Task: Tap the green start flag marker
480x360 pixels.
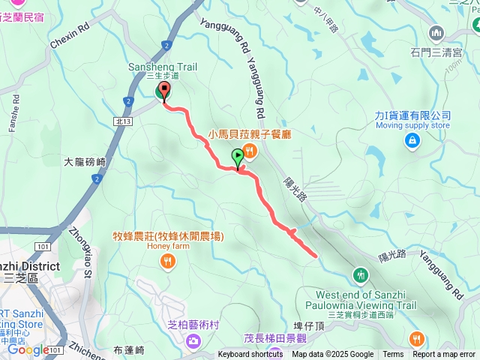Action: point(238,157)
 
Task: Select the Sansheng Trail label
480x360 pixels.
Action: point(163,67)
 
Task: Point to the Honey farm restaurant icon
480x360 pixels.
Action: point(167,262)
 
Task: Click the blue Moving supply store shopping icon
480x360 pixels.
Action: point(412,140)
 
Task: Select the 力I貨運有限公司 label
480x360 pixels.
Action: point(412,115)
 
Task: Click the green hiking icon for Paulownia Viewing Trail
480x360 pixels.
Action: point(362,274)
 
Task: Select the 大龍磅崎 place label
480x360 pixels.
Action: point(85,161)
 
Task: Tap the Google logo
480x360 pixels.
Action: point(28,349)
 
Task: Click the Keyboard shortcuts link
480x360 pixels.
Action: point(251,355)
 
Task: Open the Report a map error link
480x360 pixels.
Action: point(443,355)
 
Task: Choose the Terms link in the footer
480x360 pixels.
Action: point(393,355)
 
